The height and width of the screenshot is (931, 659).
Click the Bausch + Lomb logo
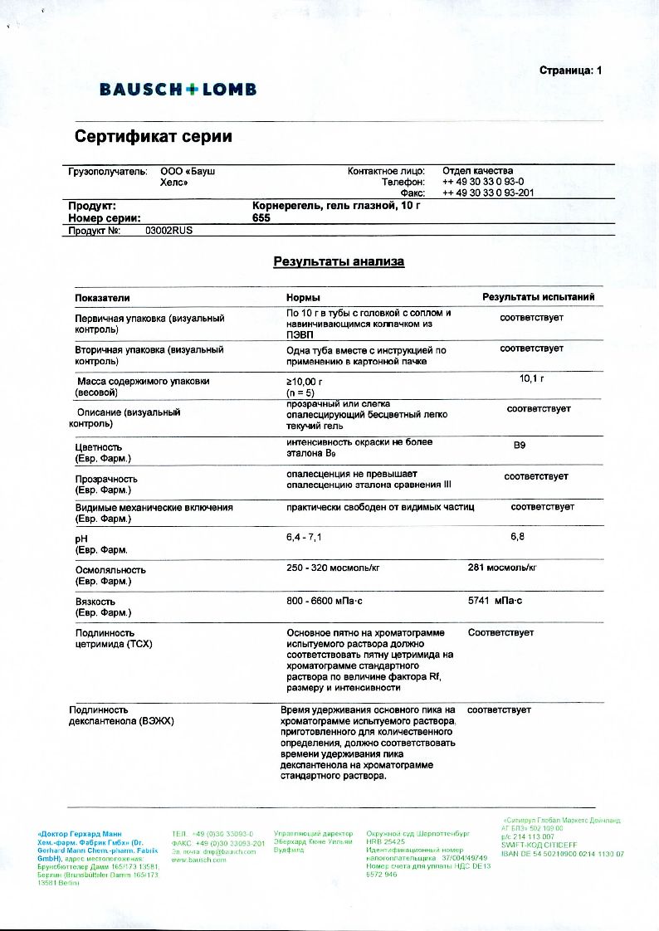pos(178,90)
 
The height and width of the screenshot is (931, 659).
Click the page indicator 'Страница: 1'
pos(570,71)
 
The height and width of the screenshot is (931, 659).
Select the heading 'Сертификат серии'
pos(154,136)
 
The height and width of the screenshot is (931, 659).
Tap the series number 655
pos(261,217)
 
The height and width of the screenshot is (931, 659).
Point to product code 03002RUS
pos(168,232)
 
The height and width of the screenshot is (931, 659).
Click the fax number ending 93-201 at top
pos(488,193)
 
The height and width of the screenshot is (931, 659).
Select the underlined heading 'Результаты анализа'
pos(339,262)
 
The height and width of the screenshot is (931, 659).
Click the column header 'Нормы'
pos(303,297)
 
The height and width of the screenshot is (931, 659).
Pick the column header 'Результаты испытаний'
pos(539,297)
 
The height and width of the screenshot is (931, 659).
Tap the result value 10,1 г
pos(531,378)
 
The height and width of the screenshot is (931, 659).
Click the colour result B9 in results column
pos(520,446)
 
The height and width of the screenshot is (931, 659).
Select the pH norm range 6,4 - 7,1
pos(304,537)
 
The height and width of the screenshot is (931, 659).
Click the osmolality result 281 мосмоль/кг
pos(502,568)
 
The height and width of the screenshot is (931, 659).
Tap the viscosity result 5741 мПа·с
pos(495,600)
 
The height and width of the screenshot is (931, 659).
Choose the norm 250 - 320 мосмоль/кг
pos(333,568)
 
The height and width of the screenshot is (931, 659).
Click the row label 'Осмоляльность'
pos(110,570)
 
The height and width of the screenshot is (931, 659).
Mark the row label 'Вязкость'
pos(95,602)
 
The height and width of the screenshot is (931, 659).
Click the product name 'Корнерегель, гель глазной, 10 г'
pos(336,205)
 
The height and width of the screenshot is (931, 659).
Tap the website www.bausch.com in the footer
pos(198,860)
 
